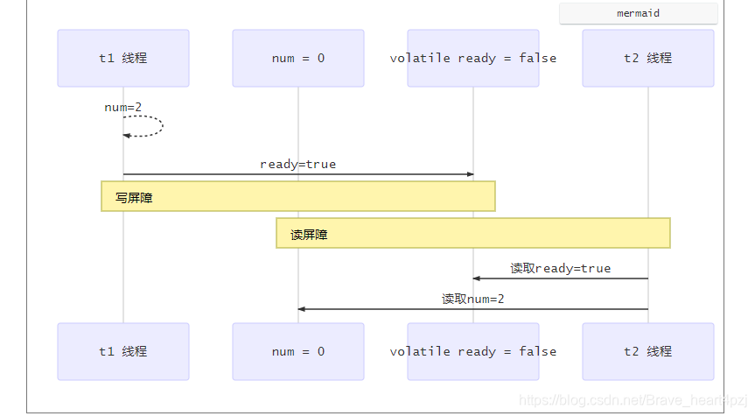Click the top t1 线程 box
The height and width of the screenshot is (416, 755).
[x=122, y=59]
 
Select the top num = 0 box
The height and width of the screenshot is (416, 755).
[x=297, y=59]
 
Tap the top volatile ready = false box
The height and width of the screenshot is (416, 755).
[x=472, y=59]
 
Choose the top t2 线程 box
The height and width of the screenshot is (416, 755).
[x=647, y=59]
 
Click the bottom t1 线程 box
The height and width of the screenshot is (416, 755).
[x=122, y=351]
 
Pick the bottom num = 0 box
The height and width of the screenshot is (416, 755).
[x=297, y=351]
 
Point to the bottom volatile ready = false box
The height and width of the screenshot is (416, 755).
[x=472, y=351]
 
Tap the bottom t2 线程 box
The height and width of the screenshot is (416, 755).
[x=647, y=351]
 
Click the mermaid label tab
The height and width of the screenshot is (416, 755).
[x=638, y=14]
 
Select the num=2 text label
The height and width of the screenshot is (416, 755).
[x=122, y=107]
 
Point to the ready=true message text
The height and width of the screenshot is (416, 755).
[x=297, y=164]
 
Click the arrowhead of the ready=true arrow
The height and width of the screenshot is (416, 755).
[x=470, y=174]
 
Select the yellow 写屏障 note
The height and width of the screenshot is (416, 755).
[x=297, y=196]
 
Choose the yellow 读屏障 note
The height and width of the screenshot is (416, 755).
[x=472, y=233]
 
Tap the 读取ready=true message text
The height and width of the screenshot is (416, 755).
[x=560, y=268]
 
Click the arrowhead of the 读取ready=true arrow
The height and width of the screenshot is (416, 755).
[x=477, y=279]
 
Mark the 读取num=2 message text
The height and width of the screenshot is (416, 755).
[x=472, y=299]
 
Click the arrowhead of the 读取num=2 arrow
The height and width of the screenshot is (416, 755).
[x=302, y=309]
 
